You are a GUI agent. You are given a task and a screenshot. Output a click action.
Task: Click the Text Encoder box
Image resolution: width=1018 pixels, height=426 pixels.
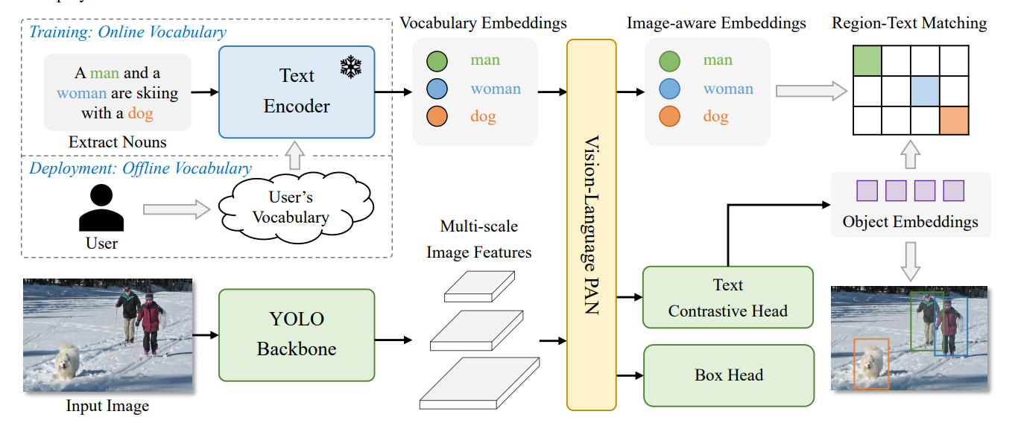pyautogui.click(x=296, y=92)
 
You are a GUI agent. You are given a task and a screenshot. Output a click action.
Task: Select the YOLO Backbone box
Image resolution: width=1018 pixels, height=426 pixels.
pyautogui.click(x=296, y=335)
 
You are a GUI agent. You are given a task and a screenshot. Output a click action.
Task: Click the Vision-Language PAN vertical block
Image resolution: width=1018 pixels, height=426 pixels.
pyautogui.click(x=591, y=224)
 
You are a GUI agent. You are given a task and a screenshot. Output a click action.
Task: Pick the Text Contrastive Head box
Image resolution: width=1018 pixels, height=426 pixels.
pyautogui.click(x=727, y=298)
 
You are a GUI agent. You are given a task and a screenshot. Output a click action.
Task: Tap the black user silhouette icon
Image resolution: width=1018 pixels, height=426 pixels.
pyautogui.click(x=101, y=209)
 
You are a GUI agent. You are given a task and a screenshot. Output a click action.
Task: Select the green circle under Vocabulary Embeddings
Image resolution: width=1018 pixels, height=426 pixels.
pyautogui.click(x=437, y=60)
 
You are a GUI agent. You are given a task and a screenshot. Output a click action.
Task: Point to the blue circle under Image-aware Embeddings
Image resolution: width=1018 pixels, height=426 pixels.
pyautogui.click(x=670, y=89)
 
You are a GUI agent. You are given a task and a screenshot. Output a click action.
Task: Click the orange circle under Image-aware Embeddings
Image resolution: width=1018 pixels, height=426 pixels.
pyautogui.click(x=670, y=117)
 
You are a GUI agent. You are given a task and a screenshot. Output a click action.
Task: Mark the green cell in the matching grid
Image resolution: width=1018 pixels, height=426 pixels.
pyautogui.click(x=867, y=60)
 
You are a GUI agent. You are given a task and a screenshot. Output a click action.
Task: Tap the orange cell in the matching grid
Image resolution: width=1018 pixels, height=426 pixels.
pyautogui.click(x=953, y=121)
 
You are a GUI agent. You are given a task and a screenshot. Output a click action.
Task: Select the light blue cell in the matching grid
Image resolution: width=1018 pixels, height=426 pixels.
pyautogui.click(x=925, y=91)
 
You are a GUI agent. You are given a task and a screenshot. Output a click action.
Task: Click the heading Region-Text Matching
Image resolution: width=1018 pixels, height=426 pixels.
pyautogui.click(x=909, y=24)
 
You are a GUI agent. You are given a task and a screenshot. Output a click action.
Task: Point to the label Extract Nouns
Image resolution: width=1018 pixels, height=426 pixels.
pyautogui.click(x=117, y=142)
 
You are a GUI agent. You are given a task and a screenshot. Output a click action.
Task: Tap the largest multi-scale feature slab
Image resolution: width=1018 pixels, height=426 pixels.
pyautogui.click(x=478, y=382)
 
